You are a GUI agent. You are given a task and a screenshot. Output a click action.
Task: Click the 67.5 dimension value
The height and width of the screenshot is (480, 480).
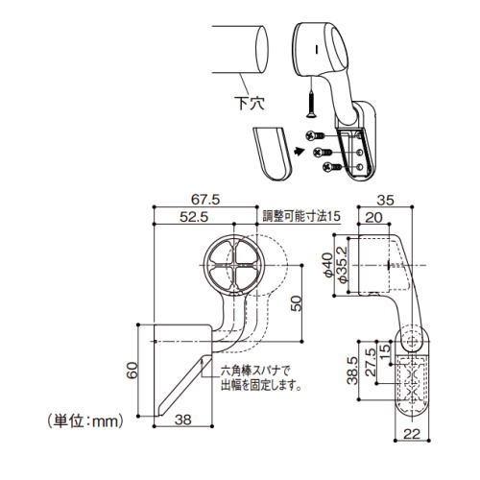(x=205, y=200)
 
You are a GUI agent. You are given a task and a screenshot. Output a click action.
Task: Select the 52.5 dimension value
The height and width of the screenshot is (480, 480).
(x=194, y=217)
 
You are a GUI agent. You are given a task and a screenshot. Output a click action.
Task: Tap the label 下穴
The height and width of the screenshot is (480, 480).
(x=250, y=103)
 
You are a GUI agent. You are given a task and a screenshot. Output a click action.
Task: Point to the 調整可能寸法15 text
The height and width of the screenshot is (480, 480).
(x=301, y=216)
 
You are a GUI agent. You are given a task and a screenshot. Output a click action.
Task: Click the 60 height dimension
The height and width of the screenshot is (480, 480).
(x=132, y=371)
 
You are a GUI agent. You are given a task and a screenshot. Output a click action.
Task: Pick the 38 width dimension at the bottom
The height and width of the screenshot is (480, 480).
(x=183, y=420)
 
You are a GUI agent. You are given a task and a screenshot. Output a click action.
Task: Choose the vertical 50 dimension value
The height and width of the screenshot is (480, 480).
(x=297, y=303)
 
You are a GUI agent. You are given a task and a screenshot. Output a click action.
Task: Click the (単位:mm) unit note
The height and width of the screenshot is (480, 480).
(x=85, y=421)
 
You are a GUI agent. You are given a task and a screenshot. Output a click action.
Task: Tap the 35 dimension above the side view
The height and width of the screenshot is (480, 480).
(x=386, y=201)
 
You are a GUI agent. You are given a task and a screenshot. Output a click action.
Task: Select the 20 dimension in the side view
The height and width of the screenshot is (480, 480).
(x=373, y=218)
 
